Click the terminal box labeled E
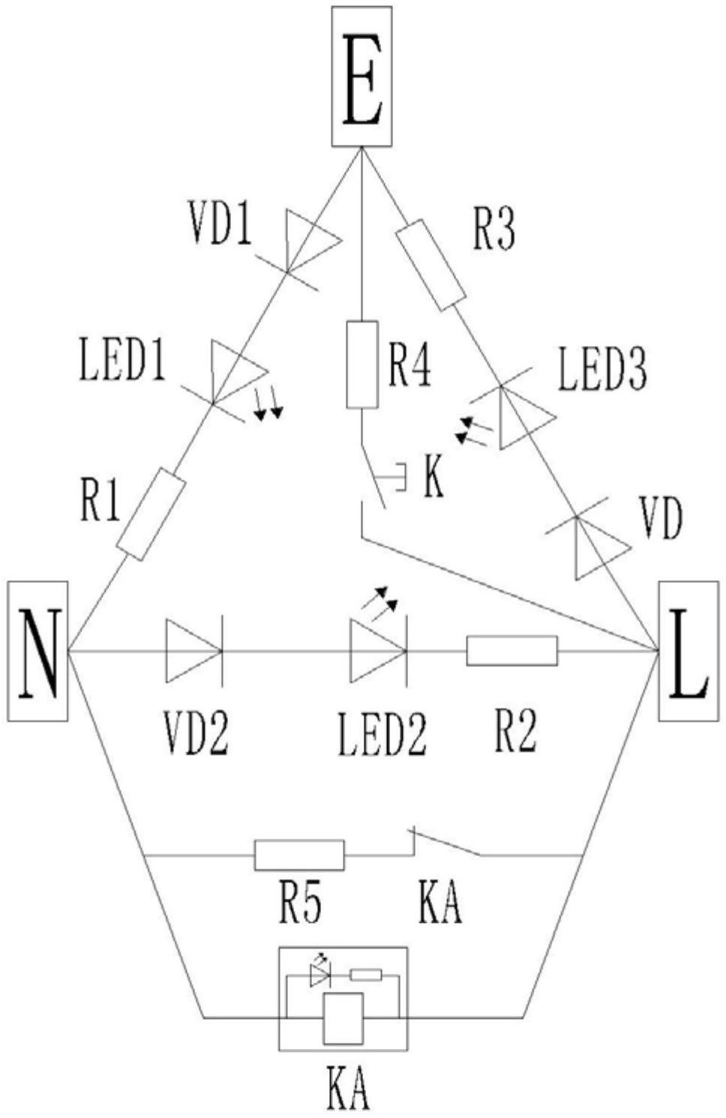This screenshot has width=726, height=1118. coord(361,77)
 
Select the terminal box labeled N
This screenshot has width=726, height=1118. coord(38,651)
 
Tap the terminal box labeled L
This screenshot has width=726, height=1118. coord(688,651)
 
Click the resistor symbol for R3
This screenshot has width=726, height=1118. coord(430,265)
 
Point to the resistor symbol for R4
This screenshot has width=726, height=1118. coord(361,365)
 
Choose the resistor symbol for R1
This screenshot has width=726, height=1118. coord(151,515)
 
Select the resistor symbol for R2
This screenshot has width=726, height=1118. coord(511,651)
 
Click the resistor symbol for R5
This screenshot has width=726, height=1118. coord(299,855)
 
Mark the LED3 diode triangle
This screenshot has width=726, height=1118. coord(523,417)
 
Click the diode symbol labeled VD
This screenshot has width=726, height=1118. coord(597,547)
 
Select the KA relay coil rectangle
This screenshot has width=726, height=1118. coord(343,1017)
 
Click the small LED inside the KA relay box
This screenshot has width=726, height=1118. coord(320,975)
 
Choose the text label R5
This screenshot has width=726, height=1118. coord(301,903)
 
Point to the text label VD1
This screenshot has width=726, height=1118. coord(220,224)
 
